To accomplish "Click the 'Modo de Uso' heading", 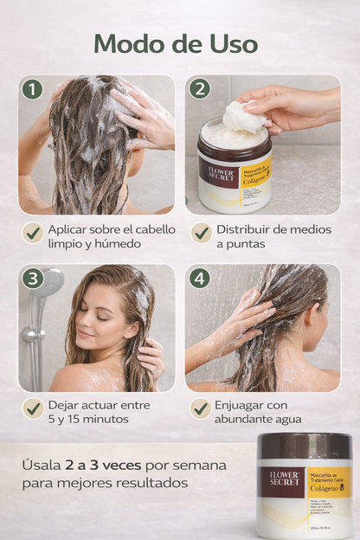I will [176, 42].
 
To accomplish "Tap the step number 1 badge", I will [32, 89].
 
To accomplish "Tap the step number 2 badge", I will [200, 89].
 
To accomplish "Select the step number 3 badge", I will [33, 279].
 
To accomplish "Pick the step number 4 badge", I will [200, 279].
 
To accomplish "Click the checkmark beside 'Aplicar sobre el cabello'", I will [33, 232].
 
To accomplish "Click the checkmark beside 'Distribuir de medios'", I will [201, 232].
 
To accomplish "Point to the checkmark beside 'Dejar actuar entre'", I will [33, 408].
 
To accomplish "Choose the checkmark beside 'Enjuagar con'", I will [201, 408].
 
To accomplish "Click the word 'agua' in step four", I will [286, 420].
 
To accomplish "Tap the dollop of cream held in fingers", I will [244, 116].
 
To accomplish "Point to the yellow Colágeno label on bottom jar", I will [329, 482].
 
